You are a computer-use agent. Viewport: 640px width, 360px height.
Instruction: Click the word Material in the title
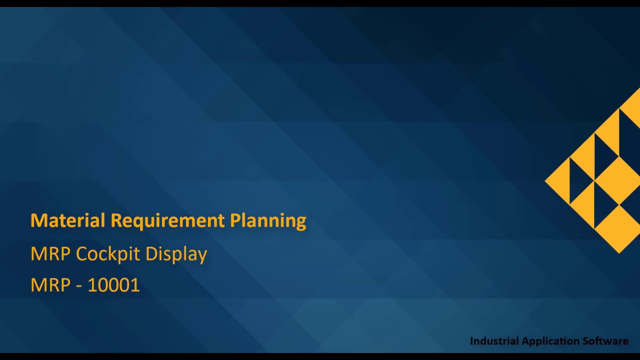click(68, 220)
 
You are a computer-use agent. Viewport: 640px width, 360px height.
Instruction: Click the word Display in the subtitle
click(176, 254)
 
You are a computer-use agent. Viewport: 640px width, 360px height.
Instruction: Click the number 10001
click(113, 285)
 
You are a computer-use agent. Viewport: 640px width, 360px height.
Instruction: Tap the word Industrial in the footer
click(494, 341)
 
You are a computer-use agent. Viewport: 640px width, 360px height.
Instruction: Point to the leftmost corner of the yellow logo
click(546, 181)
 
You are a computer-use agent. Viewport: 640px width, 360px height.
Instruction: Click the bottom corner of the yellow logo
click(619, 252)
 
